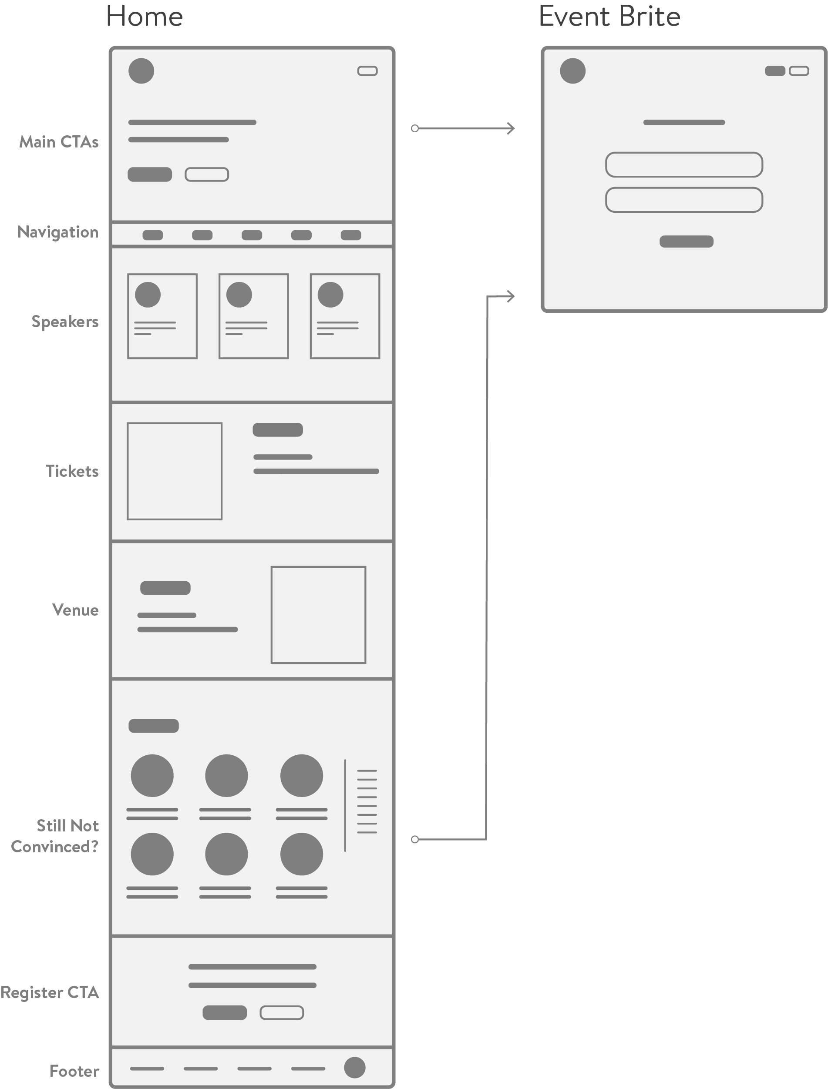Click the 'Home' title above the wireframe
[x=144, y=17]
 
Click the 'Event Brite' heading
[x=609, y=17]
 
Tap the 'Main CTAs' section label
[x=59, y=142]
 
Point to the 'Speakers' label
[x=64, y=322]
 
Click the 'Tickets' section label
[x=72, y=471]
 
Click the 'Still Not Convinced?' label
[x=55, y=836]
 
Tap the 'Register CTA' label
[x=49, y=992]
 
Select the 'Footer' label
[x=74, y=1071]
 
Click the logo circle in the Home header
[x=141, y=71]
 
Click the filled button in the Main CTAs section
[x=150, y=174]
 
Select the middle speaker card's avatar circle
[x=239, y=295]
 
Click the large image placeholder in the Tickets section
[x=175, y=471]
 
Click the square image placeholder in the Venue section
[x=318, y=615]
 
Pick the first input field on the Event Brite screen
[x=684, y=164]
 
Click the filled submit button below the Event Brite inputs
[x=686, y=241]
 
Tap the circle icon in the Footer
[x=354, y=1067]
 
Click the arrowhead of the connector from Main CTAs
[x=512, y=128]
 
